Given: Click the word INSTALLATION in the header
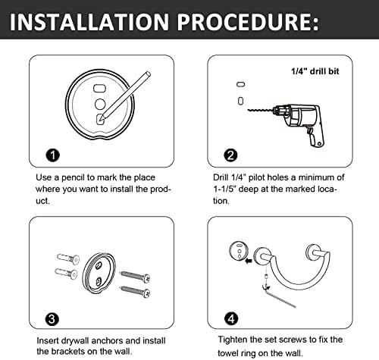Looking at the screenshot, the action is pyautogui.click(x=89, y=22).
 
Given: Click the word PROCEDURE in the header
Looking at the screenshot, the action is pyautogui.click(x=245, y=22).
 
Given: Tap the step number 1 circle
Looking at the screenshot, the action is pyautogui.click(x=53, y=155).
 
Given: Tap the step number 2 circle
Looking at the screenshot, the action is pyautogui.click(x=230, y=155).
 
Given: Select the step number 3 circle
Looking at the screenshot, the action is pyautogui.click(x=52, y=319).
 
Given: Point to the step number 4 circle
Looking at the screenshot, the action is pyautogui.click(x=231, y=319).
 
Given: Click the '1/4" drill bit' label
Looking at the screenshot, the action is pyautogui.click(x=315, y=71).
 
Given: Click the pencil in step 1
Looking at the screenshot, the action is pyautogui.click(x=126, y=96).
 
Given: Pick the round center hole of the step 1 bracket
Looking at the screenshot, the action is pyautogui.click(x=100, y=104).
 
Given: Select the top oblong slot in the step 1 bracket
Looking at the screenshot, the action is pyautogui.click(x=99, y=88).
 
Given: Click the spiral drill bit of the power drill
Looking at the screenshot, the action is pyautogui.click(x=260, y=110).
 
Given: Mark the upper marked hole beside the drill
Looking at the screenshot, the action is pyautogui.click(x=241, y=84).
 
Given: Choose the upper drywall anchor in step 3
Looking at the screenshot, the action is pyautogui.click(x=68, y=258).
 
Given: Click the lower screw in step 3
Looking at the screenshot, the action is pyautogui.click(x=136, y=291).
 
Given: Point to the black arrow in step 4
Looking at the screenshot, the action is pyautogui.click(x=249, y=261).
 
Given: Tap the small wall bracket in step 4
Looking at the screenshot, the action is pyautogui.click(x=239, y=251).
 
